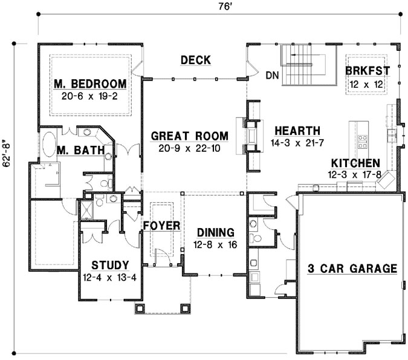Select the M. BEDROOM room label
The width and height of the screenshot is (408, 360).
coord(89,83)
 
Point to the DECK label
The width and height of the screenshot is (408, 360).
coord(195,60)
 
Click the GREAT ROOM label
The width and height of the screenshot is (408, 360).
coord(189,136)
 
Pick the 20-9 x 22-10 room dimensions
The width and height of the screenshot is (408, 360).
coord(189,148)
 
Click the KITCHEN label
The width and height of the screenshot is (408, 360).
coord(355,163)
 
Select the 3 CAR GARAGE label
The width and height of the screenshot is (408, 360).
coord(352,268)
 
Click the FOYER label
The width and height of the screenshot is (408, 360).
coord(161,226)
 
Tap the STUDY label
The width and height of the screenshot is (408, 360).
coord(109,264)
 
